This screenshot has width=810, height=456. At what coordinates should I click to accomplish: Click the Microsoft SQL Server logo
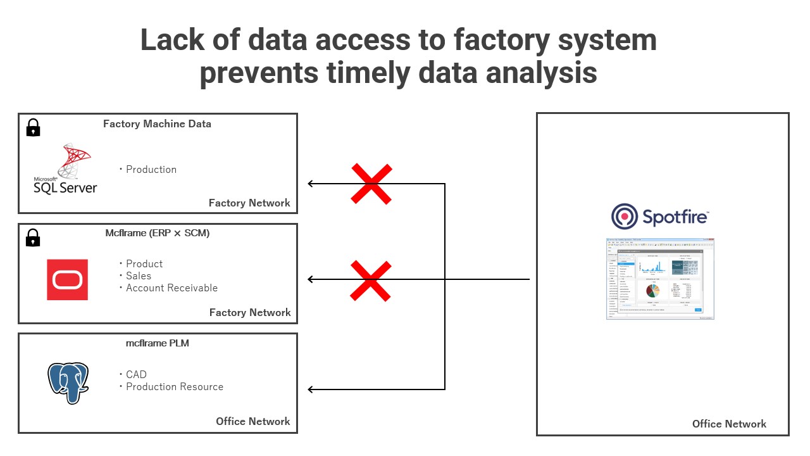(66, 169)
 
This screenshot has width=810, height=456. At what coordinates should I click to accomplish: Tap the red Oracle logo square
(67, 279)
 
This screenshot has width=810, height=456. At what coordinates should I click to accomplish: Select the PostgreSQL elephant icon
(68, 383)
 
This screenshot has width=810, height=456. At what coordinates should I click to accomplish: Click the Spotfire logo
(660, 217)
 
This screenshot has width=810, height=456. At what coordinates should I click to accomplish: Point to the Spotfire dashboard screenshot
(660, 279)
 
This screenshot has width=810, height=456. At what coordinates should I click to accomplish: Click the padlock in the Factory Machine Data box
(33, 127)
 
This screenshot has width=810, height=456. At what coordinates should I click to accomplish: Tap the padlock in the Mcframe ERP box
(33, 237)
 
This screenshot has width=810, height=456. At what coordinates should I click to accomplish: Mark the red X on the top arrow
(371, 184)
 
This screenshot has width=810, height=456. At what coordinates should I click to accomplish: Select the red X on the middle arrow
(371, 280)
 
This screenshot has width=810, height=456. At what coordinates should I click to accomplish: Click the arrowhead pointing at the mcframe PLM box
(311, 389)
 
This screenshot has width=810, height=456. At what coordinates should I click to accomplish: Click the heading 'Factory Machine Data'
(157, 124)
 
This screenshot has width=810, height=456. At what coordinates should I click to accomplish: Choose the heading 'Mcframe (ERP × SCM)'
(157, 233)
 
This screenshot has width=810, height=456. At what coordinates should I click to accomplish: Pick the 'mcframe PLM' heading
(157, 343)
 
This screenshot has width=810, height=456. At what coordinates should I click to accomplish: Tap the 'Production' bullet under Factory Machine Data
(151, 170)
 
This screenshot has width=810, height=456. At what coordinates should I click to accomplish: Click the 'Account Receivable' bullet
(171, 288)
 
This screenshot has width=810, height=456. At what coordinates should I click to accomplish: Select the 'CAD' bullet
(136, 375)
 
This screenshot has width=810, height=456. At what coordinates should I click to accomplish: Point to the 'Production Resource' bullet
(174, 387)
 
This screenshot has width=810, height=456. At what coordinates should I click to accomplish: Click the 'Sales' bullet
(138, 276)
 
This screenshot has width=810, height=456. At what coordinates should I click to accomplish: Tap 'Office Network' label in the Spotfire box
(729, 424)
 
